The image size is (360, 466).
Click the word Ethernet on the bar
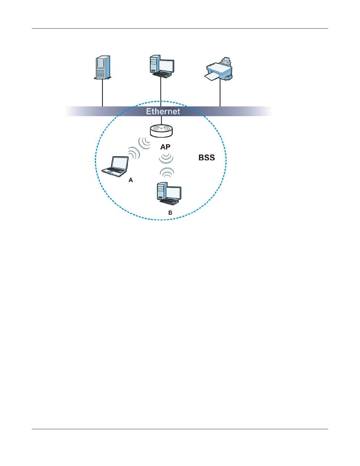[x=163, y=111]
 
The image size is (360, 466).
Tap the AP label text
[x=165, y=147]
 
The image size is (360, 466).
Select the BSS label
[x=206, y=158]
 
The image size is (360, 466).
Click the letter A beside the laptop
[x=131, y=180]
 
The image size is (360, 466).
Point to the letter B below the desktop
[x=170, y=213]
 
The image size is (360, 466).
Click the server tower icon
[x=103, y=67]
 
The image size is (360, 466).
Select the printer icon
[x=219, y=69]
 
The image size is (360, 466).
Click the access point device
[x=161, y=131]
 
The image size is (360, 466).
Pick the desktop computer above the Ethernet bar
[x=161, y=66]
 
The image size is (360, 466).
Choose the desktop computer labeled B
[x=169, y=194]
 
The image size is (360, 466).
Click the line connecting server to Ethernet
[x=102, y=93]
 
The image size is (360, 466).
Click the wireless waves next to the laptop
[x=134, y=153]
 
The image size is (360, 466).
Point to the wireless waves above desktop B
[x=167, y=172]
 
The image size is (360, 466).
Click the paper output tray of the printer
[x=212, y=77]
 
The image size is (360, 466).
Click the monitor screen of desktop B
[x=174, y=193]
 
